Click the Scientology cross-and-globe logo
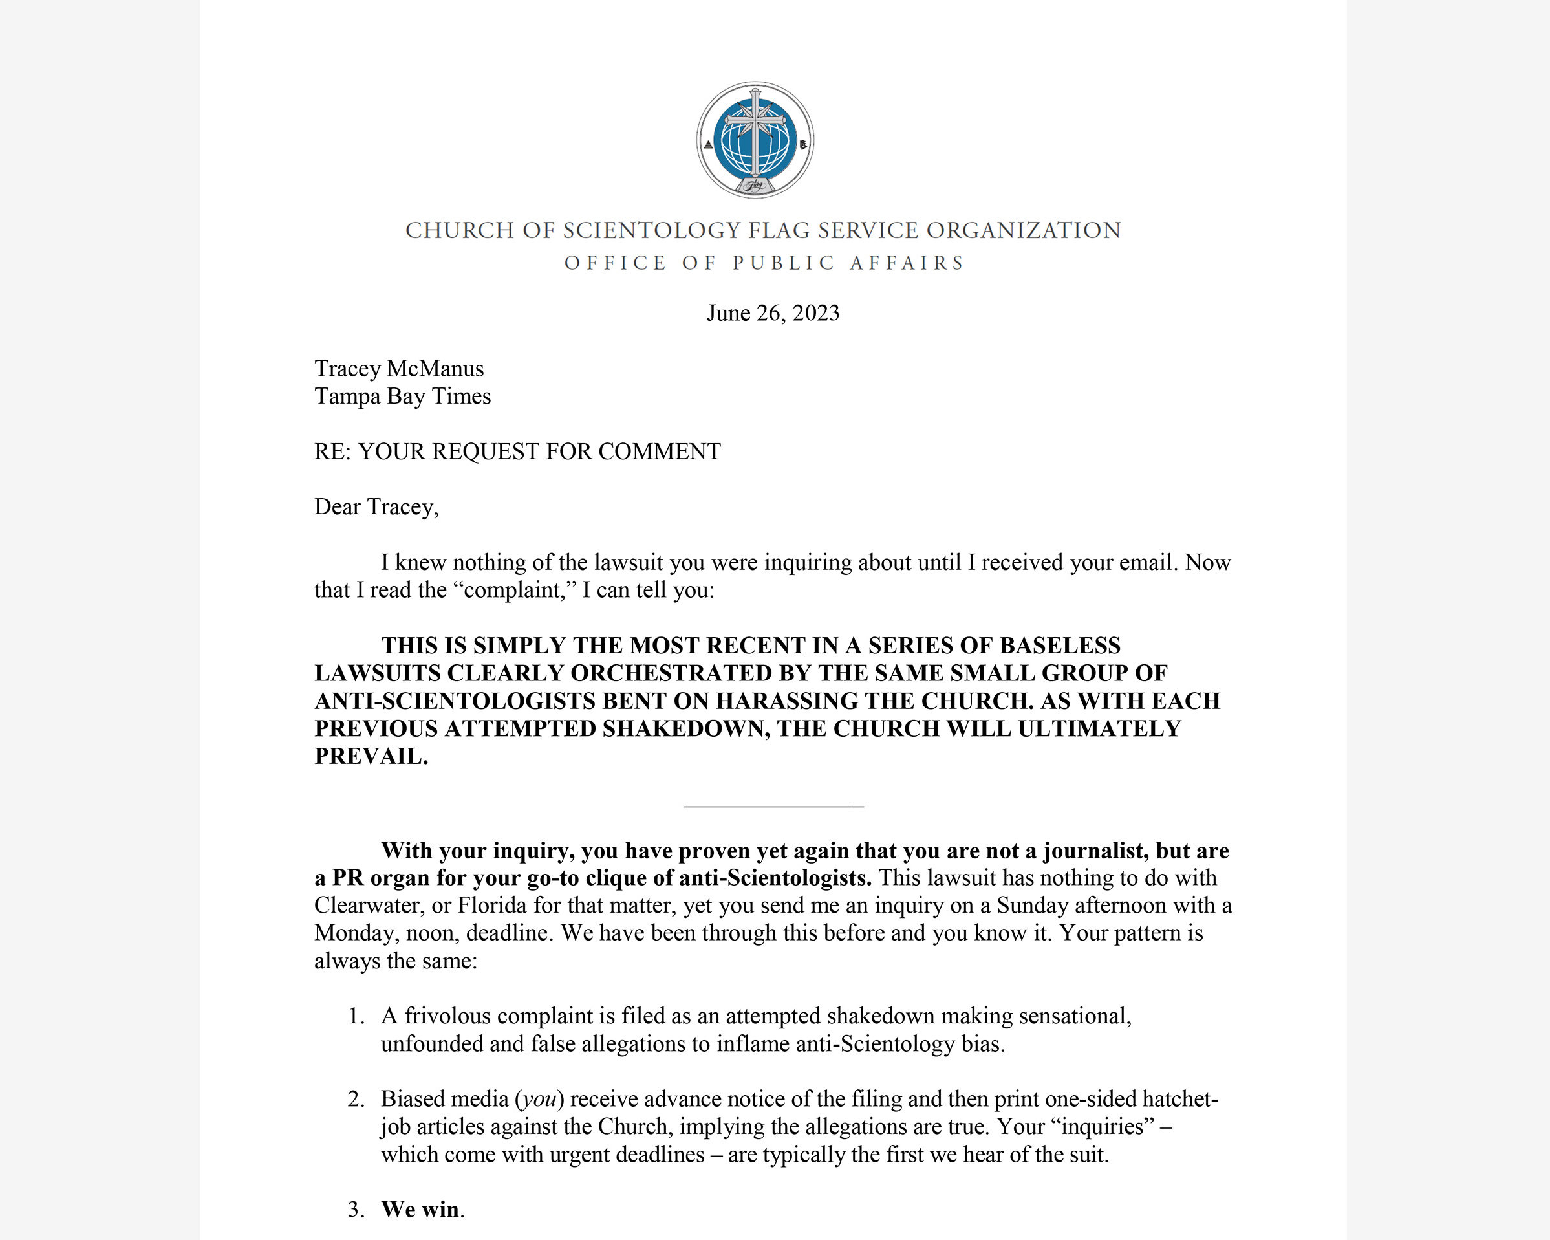(755, 140)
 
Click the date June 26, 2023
(773, 313)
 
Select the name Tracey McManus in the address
(399, 368)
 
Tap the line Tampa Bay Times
(403, 397)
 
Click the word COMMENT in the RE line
(660, 451)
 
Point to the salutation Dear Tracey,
(376, 507)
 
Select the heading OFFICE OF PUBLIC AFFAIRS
(764, 263)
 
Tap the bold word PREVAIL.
(371, 757)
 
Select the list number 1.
(355, 1016)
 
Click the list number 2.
(355, 1099)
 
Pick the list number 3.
(355, 1210)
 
